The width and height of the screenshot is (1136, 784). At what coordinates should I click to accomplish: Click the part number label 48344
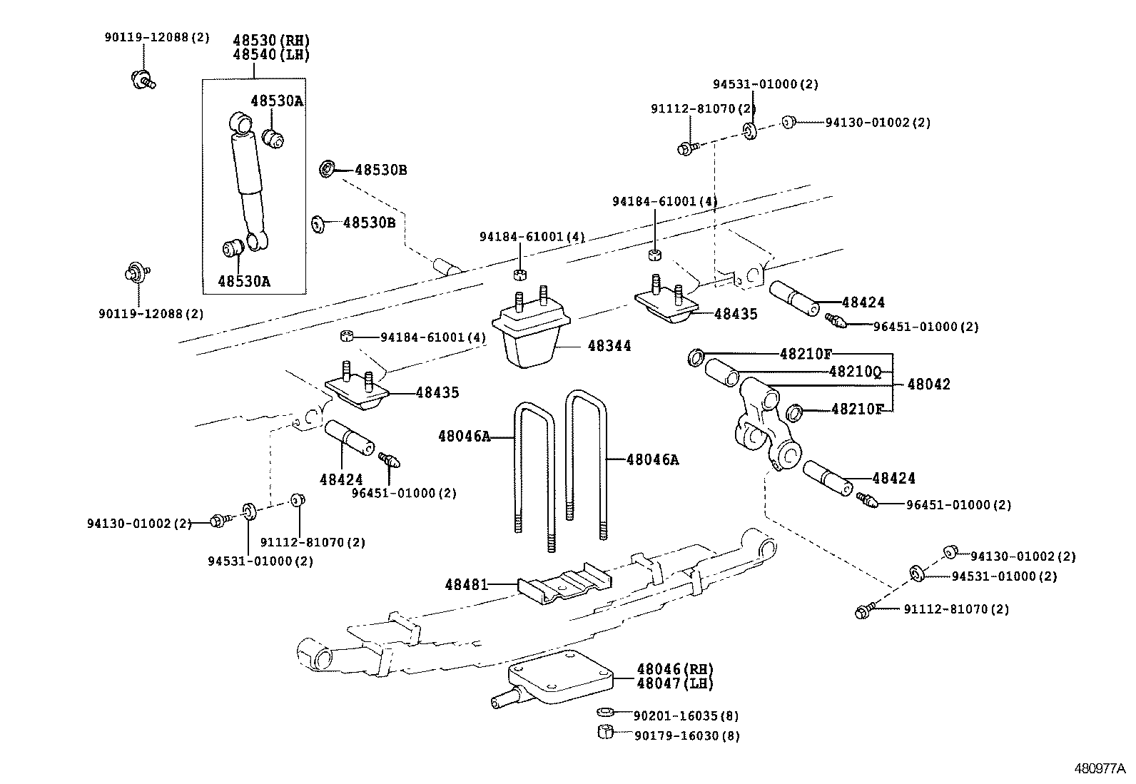[x=609, y=346]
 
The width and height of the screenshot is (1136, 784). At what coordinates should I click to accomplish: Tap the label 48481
[x=466, y=585]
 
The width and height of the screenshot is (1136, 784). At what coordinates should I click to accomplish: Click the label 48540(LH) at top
[x=270, y=54]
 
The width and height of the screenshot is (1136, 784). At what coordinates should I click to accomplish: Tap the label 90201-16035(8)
[x=685, y=716]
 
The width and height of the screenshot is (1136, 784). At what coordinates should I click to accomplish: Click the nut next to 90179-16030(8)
[x=604, y=732]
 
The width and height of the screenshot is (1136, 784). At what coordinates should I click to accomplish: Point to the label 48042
[x=928, y=385]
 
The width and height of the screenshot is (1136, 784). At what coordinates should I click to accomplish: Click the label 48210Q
[x=855, y=372]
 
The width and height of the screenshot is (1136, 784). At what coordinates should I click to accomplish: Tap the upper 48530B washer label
[x=380, y=170]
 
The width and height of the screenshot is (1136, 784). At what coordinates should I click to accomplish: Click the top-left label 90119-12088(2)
[x=157, y=37]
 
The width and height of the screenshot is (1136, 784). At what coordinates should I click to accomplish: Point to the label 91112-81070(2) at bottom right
[x=956, y=609]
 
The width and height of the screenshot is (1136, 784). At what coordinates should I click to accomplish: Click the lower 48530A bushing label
[x=244, y=281]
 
